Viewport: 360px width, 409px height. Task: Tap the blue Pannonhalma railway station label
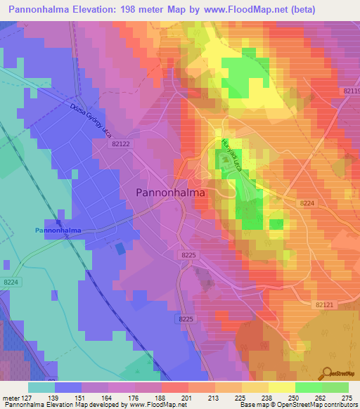click(58, 230)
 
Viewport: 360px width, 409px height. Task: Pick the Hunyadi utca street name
click(227, 156)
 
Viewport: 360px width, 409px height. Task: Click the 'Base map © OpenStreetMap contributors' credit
click(298, 405)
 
